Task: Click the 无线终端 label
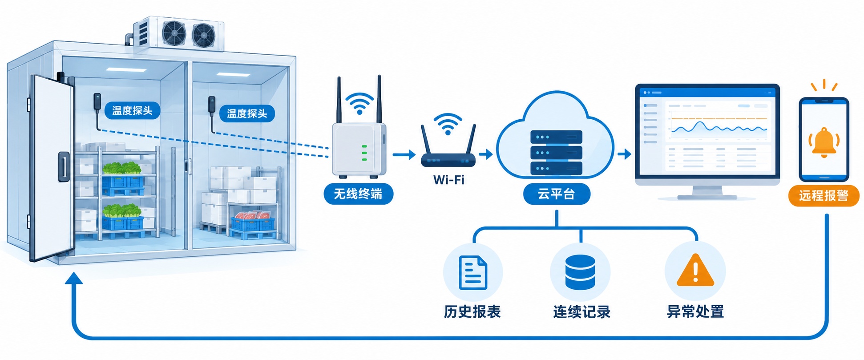[358, 194]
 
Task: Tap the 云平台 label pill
[556, 194]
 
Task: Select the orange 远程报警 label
[824, 196]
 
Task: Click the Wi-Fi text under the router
[448, 180]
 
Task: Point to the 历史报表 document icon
[473, 273]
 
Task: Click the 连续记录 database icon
[580, 272]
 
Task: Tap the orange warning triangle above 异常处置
[695, 271]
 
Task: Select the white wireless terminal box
[359, 150]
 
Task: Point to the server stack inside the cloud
[556, 153]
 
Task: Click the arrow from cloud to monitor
[625, 154]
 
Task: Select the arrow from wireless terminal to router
[404, 155]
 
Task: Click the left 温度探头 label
[132, 110]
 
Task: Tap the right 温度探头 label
[247, 113]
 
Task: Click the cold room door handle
[64, 166]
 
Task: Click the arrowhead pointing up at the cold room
[74, 278]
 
